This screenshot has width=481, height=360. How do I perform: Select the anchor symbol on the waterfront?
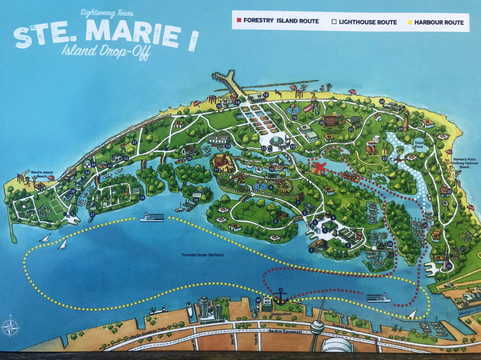[281, 297]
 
